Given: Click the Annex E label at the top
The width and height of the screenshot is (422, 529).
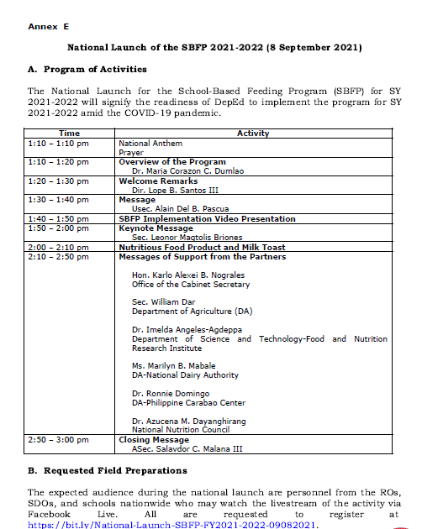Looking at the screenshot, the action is point(48,27).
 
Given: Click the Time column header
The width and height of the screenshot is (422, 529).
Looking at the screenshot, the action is point(70,134).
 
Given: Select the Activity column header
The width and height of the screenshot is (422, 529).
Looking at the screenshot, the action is point(252,134).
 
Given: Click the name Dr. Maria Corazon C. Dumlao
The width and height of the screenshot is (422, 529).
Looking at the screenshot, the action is point(179,170).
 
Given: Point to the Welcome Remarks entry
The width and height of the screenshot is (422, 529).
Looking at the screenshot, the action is point(158,181).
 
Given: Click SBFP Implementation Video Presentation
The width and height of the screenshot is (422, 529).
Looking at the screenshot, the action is point(207,219).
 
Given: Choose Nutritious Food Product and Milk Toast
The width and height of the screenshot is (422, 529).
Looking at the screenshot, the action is point(202,248).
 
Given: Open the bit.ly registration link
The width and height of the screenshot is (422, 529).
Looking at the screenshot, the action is point(174,525).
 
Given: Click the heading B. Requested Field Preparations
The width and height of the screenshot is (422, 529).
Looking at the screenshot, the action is point(107,470).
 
